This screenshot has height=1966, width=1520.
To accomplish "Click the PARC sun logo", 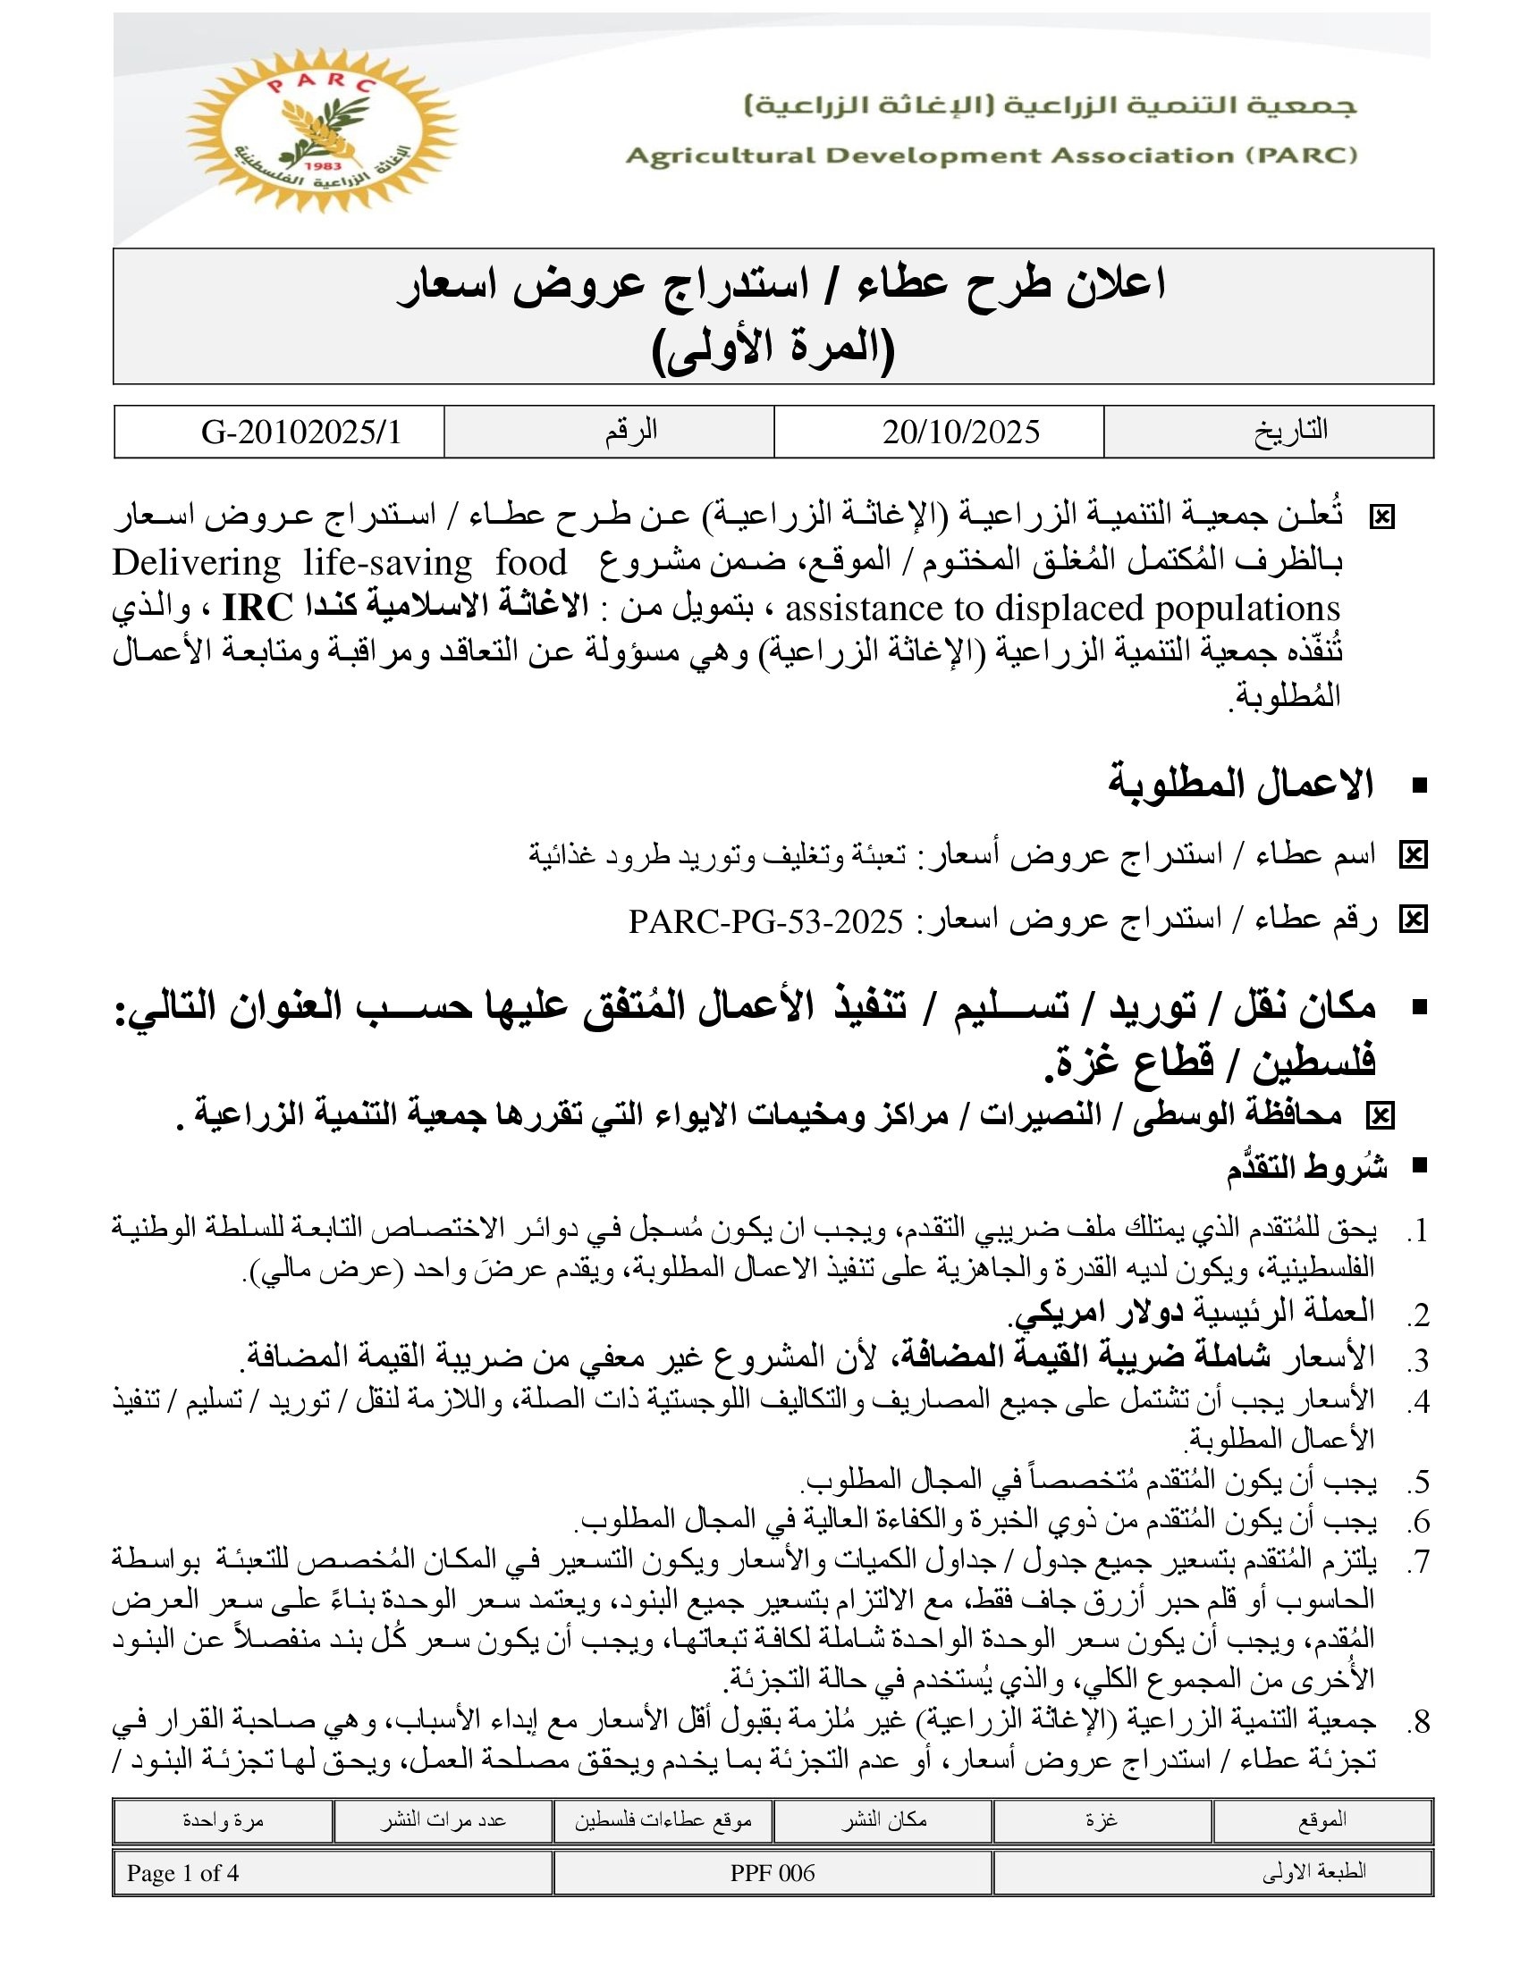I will click(x=322, y=129).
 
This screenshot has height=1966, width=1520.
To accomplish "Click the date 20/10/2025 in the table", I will click(x=961, y=433).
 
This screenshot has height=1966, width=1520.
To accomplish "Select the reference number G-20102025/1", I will click(x=300, y=433).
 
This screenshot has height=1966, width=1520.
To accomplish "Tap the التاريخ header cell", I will click(x=1290, y=431).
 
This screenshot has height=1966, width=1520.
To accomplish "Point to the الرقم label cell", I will click(x=630, y=431).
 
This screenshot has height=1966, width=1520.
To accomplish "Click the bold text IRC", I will click(x=258, y=609).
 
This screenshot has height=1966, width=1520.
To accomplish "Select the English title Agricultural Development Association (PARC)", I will click(x=991, y=155).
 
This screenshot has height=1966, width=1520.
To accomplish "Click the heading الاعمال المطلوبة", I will click(x=1241, y=784).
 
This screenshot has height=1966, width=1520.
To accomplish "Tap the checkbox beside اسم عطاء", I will click(x=1413, y=854).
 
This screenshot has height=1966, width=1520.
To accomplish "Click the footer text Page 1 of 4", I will click(x=182, y=1873).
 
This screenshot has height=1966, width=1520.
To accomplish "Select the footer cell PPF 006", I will click(x=772, y=1873).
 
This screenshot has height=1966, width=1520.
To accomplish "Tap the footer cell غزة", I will click(x=1102, y=1819).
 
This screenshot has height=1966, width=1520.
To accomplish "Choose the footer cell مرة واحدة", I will click(x=223, y=1819).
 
